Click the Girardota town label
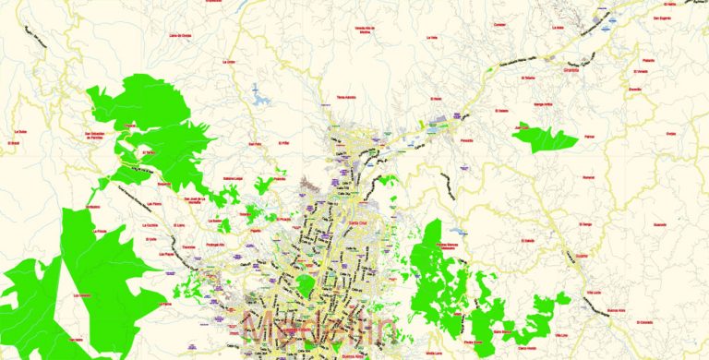[x=575, y=67]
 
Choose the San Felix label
[x=256, y=144]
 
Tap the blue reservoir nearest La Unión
[x=258, y=93]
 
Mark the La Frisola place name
[x=100, y=231]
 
